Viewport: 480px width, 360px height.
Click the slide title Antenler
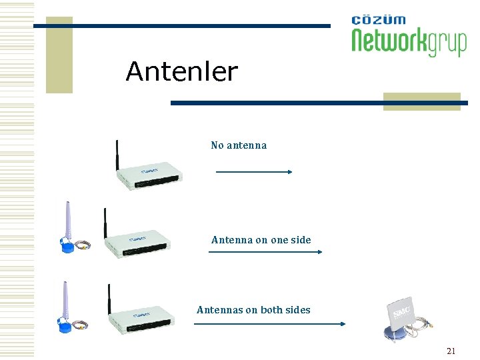tap(181, 72)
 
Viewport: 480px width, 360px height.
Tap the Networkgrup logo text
tap(409, 42)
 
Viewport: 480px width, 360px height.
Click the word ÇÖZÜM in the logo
tap(378, 19)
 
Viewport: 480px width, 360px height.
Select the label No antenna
tap(238, 145)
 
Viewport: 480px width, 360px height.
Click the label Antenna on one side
tap(261, 240)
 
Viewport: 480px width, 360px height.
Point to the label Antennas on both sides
tap(253, 310)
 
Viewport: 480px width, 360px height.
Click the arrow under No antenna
tap(254, 172)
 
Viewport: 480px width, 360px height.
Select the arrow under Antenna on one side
tap(265, 252)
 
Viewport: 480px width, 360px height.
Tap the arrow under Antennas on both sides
tap(269, 324)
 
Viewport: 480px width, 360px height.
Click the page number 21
tap(451, 351)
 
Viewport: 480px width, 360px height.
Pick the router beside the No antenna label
tap(149, 175)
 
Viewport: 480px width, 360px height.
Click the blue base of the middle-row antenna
tap(69, 247)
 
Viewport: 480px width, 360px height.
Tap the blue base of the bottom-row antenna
tap(65, 327)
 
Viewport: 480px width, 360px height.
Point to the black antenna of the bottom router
tap(109, 299)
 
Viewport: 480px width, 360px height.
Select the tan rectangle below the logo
tap(421, 101)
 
